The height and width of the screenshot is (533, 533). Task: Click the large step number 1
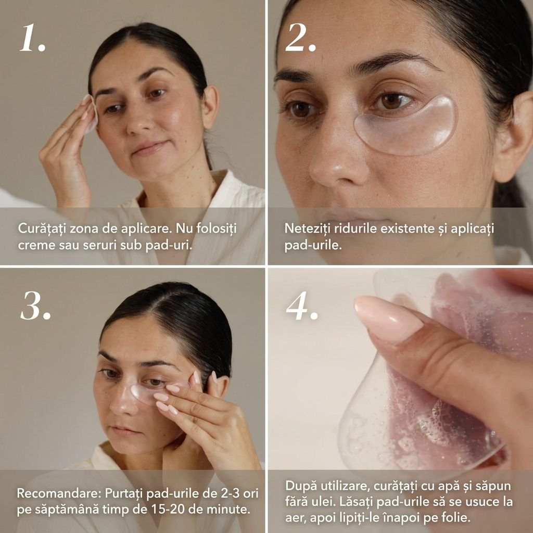(x=32, y=37)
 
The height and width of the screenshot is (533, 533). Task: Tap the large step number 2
(x=300, y=37)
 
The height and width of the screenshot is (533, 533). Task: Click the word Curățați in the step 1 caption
(x=42, y=229)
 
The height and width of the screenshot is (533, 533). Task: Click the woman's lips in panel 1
(x=149, y=147)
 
